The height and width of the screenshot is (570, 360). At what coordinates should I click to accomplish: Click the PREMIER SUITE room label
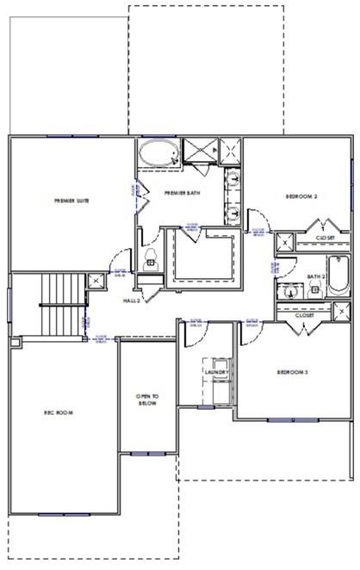click(71, 201)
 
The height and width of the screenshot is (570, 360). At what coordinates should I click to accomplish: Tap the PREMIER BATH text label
click(183, 193)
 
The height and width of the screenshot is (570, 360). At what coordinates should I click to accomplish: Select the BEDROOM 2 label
click(302, 197)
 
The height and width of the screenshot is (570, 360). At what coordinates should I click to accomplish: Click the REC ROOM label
click(59, 412)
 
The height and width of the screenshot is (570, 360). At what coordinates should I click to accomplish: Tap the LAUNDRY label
click(215, 372)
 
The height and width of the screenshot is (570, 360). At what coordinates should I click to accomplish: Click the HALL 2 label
click(132, 300)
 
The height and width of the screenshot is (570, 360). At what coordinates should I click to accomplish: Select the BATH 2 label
click(315, 277)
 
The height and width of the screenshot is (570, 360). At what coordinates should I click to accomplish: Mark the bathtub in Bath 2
click(337, 274)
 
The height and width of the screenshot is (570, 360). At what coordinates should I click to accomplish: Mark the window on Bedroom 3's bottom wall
click(279, 420)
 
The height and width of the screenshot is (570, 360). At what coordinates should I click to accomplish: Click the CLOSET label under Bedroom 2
click(325, 237)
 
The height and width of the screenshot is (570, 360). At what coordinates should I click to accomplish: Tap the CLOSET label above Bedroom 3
click(304, 315)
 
